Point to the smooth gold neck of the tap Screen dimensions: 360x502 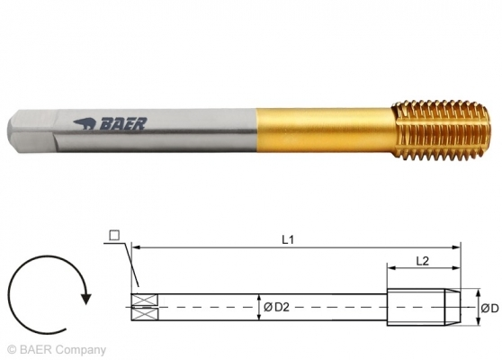pos(324,127)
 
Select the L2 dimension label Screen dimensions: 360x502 pos(423,259)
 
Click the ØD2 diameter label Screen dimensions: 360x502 pos(275,308)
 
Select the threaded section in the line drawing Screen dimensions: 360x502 pos(423,306)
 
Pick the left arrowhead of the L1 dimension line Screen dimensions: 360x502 pos(135,246)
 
